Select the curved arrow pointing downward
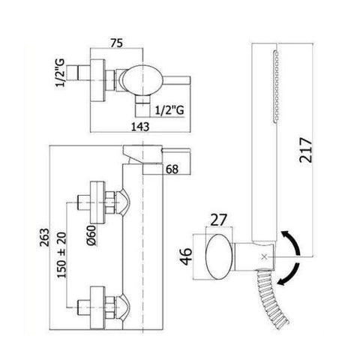tap(292, 276)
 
